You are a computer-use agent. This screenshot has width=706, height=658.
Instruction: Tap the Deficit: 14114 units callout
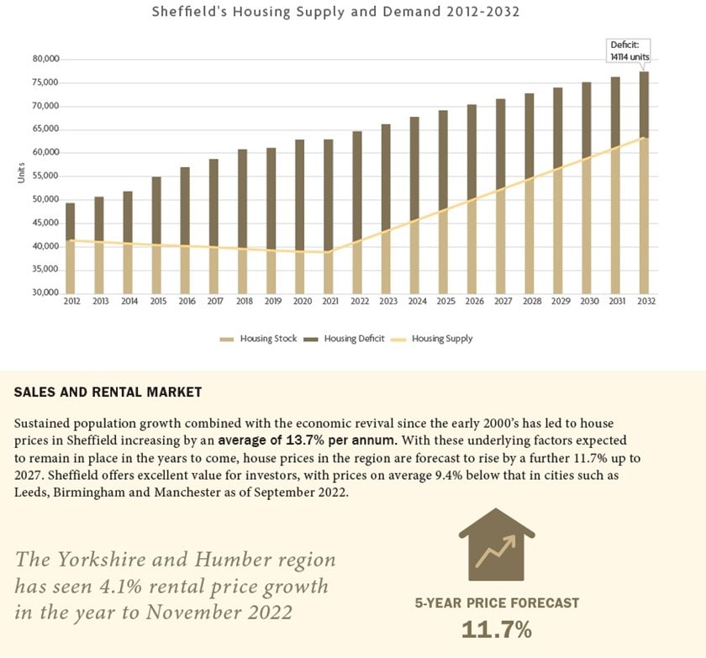point(630,50)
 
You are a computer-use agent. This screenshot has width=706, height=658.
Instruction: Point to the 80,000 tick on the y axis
point(46,60)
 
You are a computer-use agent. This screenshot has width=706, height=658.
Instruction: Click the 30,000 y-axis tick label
point(46,292)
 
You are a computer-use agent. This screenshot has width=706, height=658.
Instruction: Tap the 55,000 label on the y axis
point(46,176)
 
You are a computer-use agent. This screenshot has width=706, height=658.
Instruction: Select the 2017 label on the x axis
point(214,302)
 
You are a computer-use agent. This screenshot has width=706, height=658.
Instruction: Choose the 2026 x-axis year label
point(472,302)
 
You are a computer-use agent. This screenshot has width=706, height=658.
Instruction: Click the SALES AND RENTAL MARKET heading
point(108,392)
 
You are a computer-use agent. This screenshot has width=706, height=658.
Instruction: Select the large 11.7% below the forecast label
point(496,629)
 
